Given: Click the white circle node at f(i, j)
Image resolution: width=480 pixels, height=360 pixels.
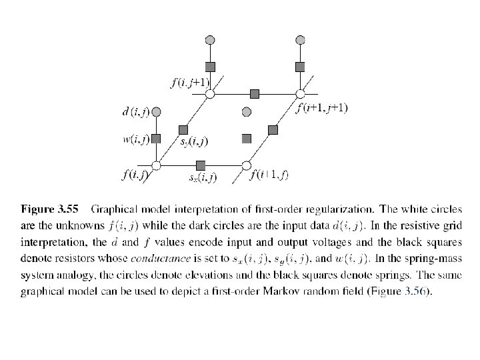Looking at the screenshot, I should [157, 165].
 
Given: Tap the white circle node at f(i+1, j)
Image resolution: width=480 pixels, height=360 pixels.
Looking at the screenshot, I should [246, 165].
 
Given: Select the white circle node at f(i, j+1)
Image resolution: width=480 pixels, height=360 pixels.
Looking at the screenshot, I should [209, 94].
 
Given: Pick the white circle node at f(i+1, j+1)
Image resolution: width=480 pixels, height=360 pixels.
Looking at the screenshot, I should [299, 94].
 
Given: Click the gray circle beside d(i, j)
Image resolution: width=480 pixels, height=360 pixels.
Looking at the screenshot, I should [157, 111].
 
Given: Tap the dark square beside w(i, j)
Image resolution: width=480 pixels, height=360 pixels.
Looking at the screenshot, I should [157, 139].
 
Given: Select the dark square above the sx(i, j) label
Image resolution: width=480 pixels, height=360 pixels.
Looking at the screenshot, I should [201, 165].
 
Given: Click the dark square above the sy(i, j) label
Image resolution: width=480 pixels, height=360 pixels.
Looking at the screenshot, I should [183, 129].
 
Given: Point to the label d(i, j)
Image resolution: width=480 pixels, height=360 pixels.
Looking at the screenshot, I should [136, 111].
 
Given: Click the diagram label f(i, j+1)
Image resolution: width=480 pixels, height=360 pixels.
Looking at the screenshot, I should [190, 83].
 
